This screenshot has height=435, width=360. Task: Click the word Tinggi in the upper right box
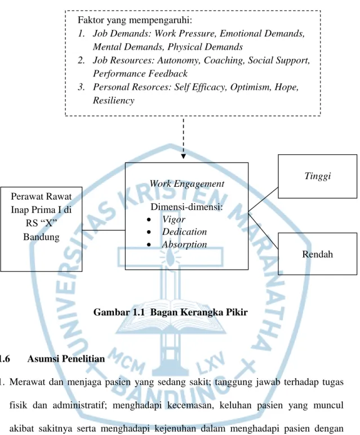318,176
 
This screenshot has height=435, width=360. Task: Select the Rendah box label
318,254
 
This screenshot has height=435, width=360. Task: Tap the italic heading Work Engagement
186,184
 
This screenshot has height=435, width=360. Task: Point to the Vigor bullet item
174,219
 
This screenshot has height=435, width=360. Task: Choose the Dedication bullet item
184,232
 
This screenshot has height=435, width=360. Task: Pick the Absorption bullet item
184,244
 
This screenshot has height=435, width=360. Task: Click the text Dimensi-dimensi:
186,207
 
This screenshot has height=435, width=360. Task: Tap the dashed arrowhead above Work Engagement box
183,156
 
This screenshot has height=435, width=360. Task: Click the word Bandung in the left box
41,237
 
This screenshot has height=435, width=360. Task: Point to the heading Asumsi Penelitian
66,358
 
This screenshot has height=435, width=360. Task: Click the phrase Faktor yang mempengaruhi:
135,20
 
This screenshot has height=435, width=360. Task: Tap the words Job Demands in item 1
122,33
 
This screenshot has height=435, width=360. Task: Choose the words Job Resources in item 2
123,60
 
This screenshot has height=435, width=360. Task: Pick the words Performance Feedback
140,74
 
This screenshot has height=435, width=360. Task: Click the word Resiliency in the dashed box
114,100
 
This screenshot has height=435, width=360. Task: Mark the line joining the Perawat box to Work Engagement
104,230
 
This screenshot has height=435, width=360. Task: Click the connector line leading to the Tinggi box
263,199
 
